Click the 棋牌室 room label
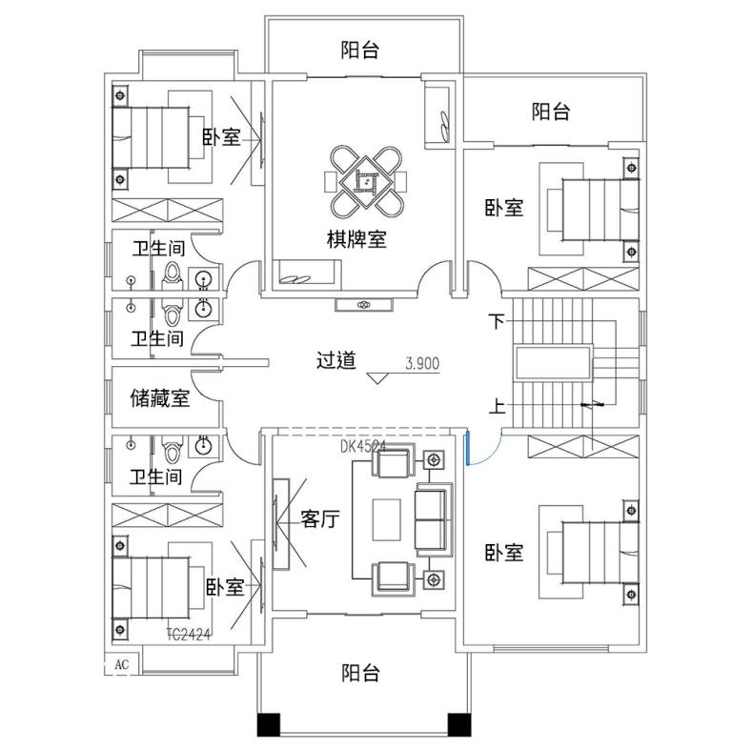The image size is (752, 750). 356,238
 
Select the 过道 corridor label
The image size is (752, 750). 336,359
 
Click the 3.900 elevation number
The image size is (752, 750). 422,363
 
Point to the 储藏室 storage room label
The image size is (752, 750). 160,398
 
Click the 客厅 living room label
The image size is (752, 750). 320,518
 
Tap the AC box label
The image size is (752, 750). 122,664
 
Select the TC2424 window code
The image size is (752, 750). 189,635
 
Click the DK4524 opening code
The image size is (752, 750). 362,446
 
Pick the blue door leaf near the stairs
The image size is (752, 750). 466,448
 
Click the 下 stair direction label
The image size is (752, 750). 497,321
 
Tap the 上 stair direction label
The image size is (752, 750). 497,406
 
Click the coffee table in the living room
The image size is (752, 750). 387,519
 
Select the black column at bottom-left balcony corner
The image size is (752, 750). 269,724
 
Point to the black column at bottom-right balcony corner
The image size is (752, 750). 459,724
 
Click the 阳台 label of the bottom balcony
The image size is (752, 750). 360,673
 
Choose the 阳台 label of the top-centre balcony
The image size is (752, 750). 360,50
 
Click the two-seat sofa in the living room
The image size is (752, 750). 434,519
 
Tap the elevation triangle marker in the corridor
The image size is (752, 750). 377,378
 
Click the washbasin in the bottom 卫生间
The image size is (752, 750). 204,444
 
